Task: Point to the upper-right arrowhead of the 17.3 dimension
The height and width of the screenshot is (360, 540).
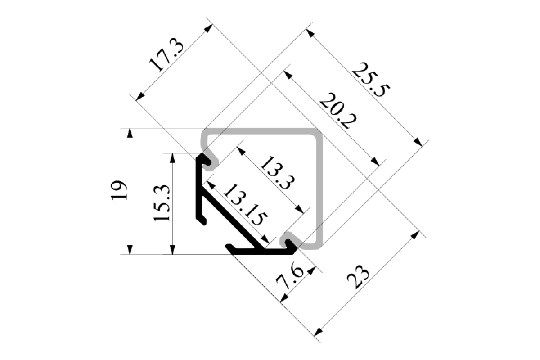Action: click(208, 28)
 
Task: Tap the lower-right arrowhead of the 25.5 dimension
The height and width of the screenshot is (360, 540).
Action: click(418, 142)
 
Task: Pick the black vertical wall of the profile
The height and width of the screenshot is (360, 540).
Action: click(199, 189)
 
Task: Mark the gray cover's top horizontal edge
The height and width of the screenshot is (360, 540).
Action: click(261, 132)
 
